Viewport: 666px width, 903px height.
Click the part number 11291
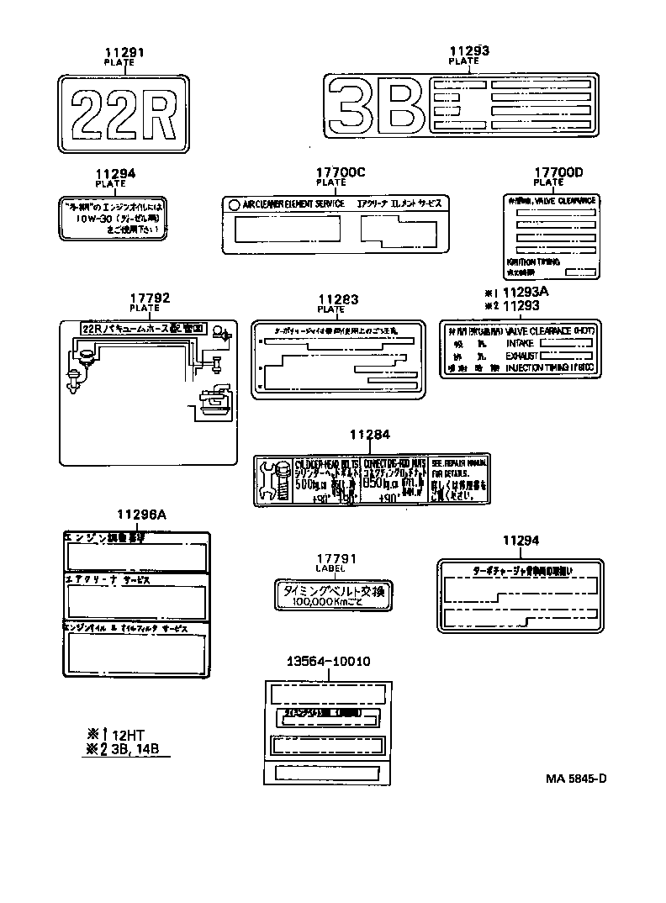pyautogui.click(x=124, y=52)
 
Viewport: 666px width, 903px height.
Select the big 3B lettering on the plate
pyautogui.click(x=376, y=107)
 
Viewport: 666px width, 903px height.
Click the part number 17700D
pyautogui.click(x=558, y=172)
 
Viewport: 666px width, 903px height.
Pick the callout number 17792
pyautogui.click(x=151, y=298)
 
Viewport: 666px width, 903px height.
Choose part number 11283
pyautogui.click(x=338, y=299)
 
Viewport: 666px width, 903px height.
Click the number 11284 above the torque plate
pyautogui.click(x=371, y=435)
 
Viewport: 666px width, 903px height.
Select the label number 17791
pyautogui.click(x=336, y=559)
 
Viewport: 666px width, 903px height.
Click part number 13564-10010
pyautogui.click(x=328, y=662)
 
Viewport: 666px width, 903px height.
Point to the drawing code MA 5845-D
pyautogui.click(x=575, y=778)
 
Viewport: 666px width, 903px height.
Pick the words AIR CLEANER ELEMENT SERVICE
pyautogui.click(x=293, y=204)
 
